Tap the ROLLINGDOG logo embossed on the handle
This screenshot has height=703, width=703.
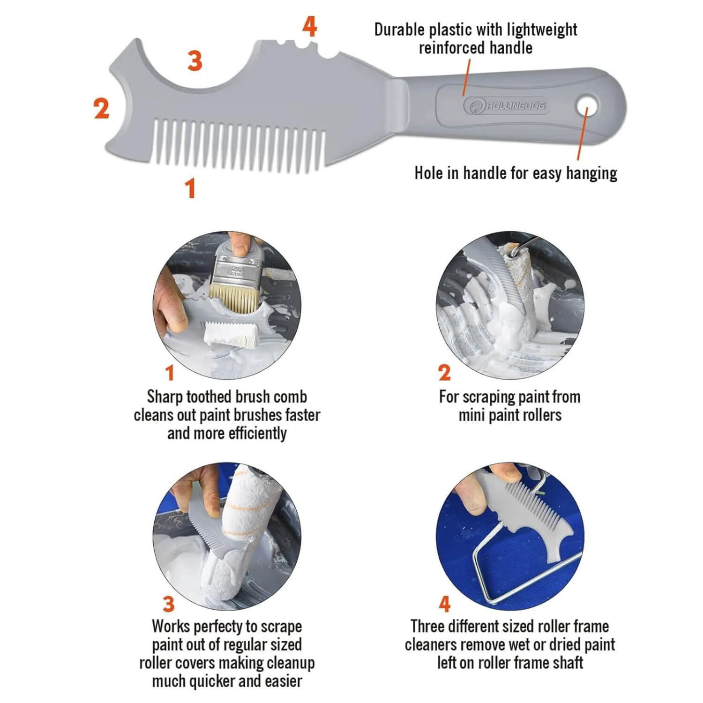505,106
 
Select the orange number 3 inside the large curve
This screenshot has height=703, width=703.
195,61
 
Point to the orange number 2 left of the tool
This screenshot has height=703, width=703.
102,109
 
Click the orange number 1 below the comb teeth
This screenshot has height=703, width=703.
190,188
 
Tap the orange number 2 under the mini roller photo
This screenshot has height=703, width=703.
444,373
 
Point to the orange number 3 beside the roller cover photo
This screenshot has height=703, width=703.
169,604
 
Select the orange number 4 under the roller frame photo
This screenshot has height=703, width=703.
444,604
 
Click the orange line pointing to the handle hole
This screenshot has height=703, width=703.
581,136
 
